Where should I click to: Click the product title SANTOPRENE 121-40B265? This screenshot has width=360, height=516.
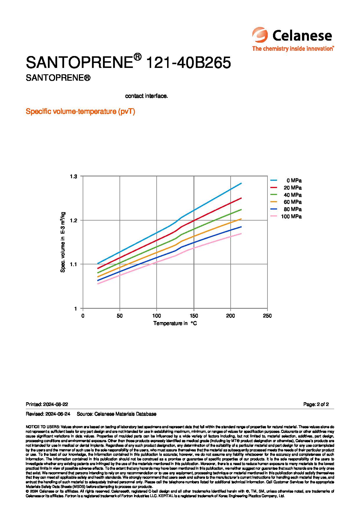[128, 62]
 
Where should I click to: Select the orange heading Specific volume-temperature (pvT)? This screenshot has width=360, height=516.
[80, 111]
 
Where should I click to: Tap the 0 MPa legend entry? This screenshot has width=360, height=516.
[286, 181]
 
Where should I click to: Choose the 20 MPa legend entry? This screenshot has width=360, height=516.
[286, 188]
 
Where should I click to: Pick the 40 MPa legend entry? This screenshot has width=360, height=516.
[286, 195]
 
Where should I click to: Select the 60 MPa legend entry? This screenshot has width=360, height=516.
[286, 202]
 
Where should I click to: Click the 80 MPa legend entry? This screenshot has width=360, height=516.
[286, 209]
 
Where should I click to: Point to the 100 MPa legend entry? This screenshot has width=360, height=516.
[286, 216]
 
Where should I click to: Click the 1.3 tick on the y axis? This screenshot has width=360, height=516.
[74, 176]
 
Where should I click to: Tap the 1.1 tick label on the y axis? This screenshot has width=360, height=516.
[74, 264]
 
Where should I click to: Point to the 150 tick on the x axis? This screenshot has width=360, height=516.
[193, 316]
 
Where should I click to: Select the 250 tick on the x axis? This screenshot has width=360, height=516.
[267, 316]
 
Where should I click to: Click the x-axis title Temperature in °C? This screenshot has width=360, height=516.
[175, 323]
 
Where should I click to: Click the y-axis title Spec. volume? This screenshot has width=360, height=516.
[63, 242]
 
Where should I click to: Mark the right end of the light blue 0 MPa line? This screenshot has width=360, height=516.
[241, 183]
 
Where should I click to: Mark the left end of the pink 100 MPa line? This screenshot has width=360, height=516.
[98, 284]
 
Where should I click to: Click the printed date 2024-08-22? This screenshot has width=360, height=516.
[55, 404]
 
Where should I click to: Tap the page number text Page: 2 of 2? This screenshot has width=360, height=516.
[316, 404]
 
